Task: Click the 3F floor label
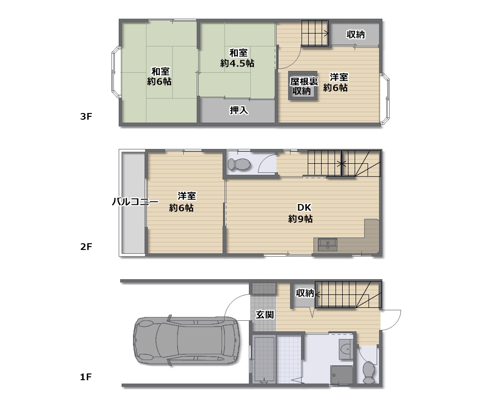(86, 116)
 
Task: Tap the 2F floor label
(86, 247)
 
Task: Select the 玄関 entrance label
(264, 315)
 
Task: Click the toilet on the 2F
(239, 164)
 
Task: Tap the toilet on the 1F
(369, 372)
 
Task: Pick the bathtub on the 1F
(263, 359)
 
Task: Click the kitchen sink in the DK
(327, 245)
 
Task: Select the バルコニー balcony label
(135, 202)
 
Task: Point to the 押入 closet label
(239, 111)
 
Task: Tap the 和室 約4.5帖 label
(237, 58)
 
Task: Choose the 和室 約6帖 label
(159, 76)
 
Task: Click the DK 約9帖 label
(301, 214)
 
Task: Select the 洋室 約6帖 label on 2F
(182, 202)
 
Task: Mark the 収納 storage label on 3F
(356, 34)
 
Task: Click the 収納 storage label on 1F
(305, 293)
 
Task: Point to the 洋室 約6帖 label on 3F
(336, 82)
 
